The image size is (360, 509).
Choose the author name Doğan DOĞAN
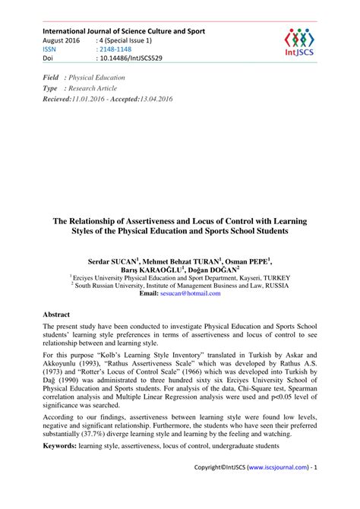click(213, 269)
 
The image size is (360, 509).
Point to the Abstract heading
click(56, 314)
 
